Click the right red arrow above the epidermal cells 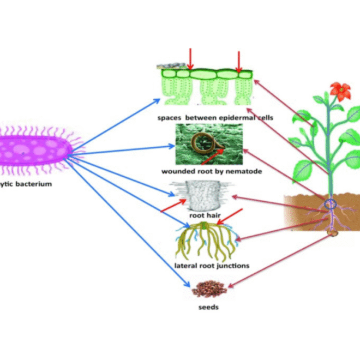(238, 61)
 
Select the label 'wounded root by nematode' (212, 171)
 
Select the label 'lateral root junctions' (212, 266)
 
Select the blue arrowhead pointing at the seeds (187, 285)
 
